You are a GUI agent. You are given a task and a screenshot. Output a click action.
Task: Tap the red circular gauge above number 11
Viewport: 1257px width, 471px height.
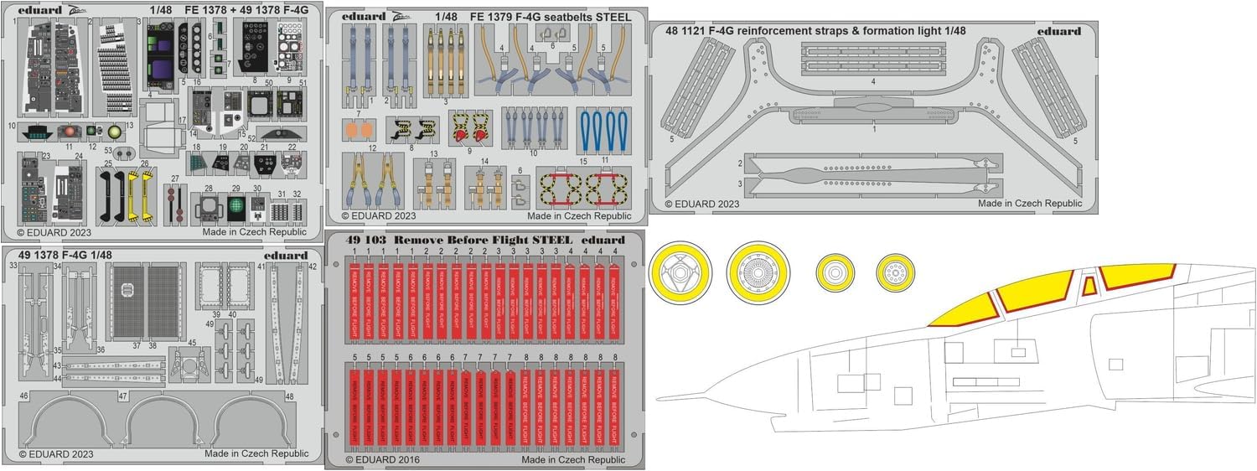point(70,132)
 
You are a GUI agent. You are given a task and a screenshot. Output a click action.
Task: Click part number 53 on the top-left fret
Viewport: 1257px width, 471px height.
point(109,151)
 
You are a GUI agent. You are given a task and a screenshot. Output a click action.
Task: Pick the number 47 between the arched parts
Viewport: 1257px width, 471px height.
point(122,396)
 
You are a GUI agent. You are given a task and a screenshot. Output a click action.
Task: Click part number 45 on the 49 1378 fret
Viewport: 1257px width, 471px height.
point(192,342)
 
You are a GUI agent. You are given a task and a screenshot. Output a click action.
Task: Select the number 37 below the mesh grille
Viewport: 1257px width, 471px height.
point(137,345)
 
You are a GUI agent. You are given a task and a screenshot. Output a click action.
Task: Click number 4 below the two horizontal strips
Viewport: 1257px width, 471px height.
point(872,82)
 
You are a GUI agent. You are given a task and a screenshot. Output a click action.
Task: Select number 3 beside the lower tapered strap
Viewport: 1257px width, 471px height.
point(741,182)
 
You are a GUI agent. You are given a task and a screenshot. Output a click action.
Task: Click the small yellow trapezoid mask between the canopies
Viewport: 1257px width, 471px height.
point(1089,287)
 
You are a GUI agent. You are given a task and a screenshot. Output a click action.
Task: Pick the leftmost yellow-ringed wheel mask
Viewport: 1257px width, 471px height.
point(681,269)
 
